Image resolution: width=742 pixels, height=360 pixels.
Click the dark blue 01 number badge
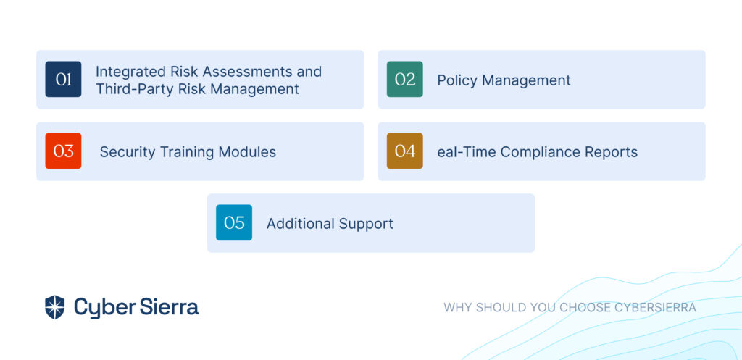64,79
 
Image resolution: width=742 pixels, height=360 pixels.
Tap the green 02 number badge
404,79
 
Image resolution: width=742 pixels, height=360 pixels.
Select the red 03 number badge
64,151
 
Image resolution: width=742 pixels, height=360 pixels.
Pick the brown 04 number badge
404,151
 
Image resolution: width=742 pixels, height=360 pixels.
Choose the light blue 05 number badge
234,222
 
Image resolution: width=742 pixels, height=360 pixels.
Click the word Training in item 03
187,152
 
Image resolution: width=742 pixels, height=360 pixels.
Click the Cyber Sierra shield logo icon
54,307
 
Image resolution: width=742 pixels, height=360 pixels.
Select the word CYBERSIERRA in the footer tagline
655,308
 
